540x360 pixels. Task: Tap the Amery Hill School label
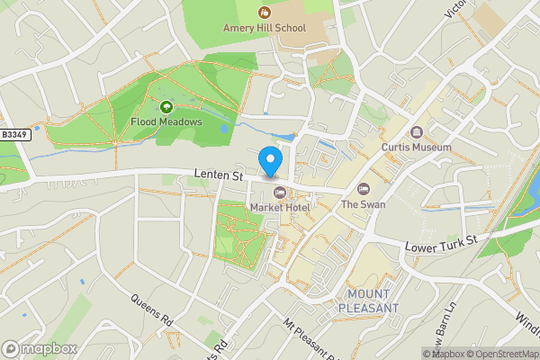coord(265,28)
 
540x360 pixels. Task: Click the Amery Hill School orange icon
coord(265,12)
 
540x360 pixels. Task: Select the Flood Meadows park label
coord(166,121)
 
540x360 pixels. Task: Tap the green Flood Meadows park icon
coord(166,106)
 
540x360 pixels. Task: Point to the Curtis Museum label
coord(416,147)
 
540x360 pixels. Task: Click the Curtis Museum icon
coord(416,131)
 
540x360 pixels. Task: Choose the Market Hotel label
coord(280,208)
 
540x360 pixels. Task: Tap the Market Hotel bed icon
coord(279,192)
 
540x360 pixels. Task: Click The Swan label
coord(364,204)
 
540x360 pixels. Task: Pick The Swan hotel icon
coord(364,189)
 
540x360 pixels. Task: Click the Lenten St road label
coord(220,176)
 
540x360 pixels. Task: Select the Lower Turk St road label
coord(438,244)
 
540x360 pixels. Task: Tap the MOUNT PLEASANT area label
coord(368,301)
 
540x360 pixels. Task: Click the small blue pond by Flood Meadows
coord(225,129)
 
